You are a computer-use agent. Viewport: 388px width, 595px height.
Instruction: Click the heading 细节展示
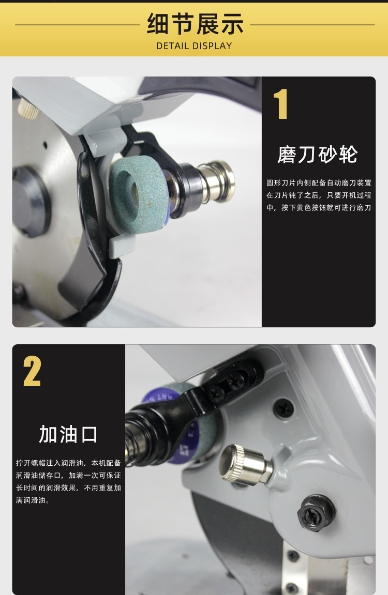[x=195, y=24]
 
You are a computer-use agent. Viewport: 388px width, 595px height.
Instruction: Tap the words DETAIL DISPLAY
[x=194, y=46]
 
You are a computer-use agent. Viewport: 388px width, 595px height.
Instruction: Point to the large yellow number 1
[x=280, y=104]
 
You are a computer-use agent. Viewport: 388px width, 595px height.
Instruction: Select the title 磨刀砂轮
[x=317, y=155]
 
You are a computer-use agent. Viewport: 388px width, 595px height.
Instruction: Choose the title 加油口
[x=68, y=435]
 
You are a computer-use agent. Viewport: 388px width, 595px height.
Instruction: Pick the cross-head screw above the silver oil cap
[x=284, y=409]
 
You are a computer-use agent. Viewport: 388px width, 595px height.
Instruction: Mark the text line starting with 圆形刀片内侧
[x=319, y=183]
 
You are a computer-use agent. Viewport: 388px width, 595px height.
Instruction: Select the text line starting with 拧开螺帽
[x=68, y=463]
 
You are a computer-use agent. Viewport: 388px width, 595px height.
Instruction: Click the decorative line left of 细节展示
[x=78, y=25]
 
